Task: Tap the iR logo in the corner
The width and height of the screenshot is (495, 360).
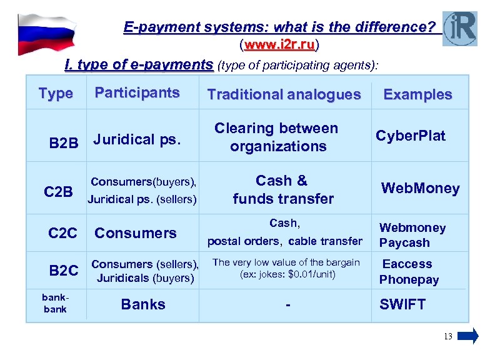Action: pos(459,29)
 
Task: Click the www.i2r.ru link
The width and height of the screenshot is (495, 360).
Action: pos(279,45)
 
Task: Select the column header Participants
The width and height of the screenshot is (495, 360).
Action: pos(137,92)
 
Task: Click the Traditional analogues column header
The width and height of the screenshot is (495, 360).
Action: pos(284,94)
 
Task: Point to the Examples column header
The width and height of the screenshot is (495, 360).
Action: pos(417,94)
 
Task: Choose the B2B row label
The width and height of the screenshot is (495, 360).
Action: pos(64,143)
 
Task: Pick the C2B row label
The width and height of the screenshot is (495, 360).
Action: pos(59,191)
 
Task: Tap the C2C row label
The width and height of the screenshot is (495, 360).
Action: pos(62,233)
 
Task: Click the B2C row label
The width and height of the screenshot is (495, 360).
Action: pos(64,271)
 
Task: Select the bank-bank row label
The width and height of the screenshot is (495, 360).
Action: pos(55,304)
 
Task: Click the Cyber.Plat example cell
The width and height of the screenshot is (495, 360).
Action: pos(411,136)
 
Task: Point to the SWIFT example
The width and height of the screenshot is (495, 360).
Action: pos(402,304)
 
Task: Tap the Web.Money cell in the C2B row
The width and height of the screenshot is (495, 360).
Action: pos(421,188)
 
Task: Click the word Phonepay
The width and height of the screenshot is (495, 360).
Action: pos(409,279)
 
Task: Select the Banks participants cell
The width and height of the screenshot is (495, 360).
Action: pos(143,304)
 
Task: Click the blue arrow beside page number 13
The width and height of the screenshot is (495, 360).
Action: pos(467,336)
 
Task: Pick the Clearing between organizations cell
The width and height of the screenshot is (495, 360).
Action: pos(276,137)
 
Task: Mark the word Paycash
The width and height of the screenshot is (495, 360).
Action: pos(405,242)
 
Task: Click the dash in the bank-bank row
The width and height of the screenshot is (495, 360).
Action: pos(288,306)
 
